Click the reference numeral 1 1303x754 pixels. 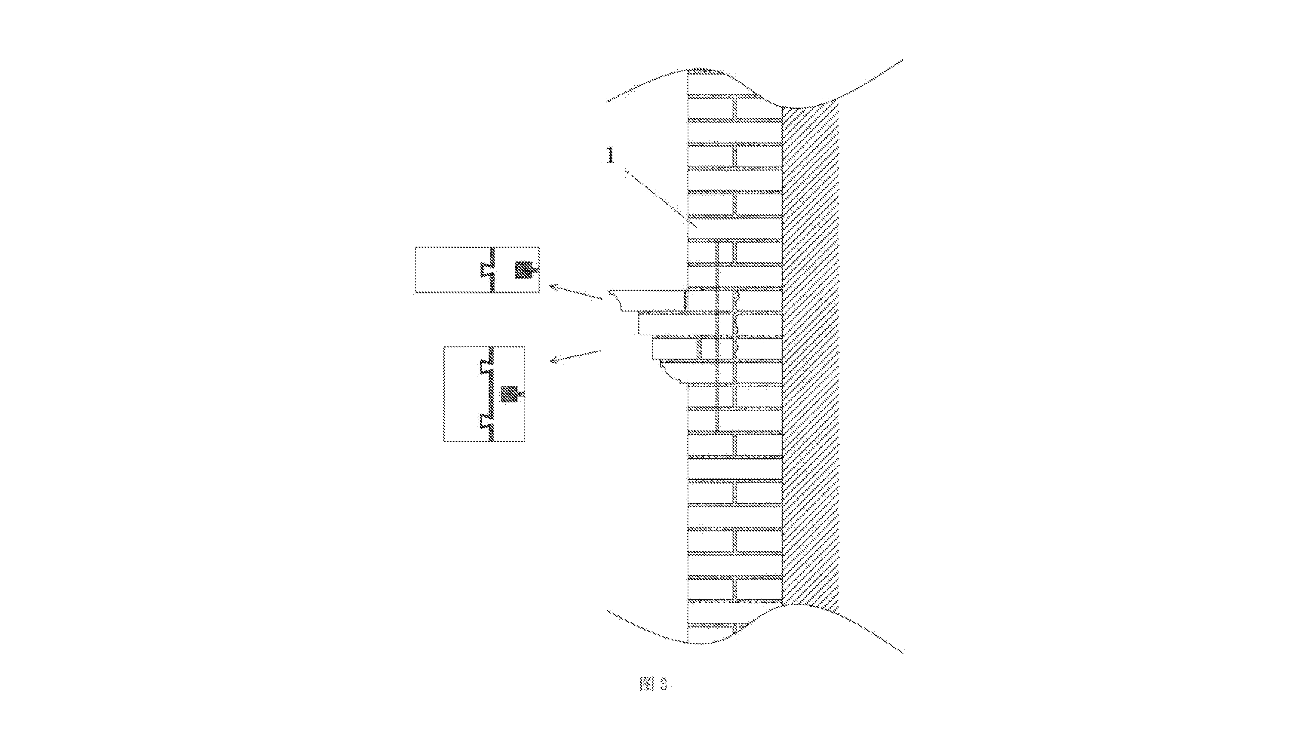point(611,155)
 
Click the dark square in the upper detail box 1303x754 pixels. point(523,270)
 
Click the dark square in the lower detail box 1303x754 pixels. point(509,394)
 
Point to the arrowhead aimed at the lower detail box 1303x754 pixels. point(554,359)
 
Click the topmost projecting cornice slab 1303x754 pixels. point(647,300)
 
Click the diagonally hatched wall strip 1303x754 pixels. point(810,357)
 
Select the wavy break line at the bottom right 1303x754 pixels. point(843,626)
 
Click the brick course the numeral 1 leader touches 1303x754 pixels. point(735,228)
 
